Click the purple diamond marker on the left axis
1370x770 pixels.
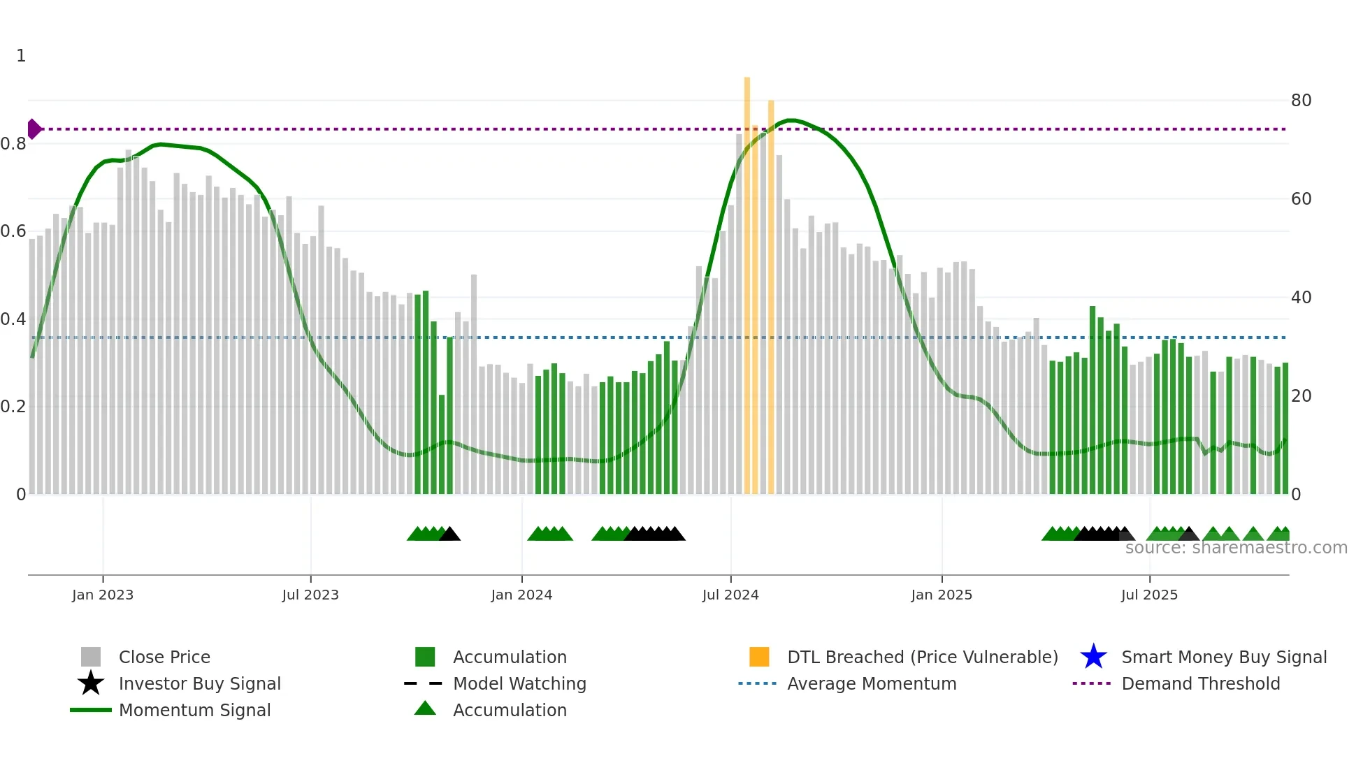click(x=34, y=129)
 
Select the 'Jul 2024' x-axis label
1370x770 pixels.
click(x=730, y=595)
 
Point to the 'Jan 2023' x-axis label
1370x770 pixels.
click(x=103, y=595)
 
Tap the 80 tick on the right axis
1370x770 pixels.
click(x=1301, y=101)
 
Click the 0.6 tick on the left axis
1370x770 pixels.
click(x=13, y=231)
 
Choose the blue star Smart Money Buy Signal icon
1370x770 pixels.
click(x=1093, y=657)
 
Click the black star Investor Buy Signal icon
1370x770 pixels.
click(x=91, y=683)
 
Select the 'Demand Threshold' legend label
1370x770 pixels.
click(x=1200, y=683)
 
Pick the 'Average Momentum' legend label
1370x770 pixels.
click(x=872, y=683)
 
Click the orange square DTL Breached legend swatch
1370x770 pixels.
click(x=759, y=657)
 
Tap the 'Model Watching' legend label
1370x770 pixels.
click(x=519, y=683)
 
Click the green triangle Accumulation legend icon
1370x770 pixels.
click(x=425, y=709)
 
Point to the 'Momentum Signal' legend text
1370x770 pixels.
click(x=194, y=710)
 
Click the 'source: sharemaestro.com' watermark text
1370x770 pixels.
click(x=1236, y=548)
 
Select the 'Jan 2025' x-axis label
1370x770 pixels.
click(x=942, y=595)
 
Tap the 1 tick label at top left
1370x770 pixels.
click(x=21, y=56)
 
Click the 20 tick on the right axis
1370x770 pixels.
click(x=1301, y=396)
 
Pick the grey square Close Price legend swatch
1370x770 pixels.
click(x=91, y=657)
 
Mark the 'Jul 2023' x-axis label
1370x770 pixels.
click(x=310, y=595)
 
